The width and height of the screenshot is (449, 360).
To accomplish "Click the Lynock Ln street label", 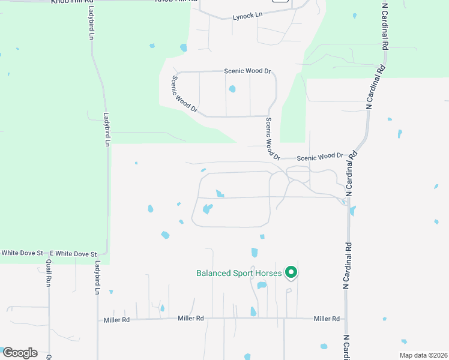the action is coord(248,16).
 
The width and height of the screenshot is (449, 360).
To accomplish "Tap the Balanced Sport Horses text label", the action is coord(239,274).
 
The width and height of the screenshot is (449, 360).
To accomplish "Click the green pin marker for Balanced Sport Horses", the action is coord(291,272).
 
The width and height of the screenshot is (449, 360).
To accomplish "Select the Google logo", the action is coord(19,352).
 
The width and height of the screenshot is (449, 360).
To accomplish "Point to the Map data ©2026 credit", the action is coord(423,355).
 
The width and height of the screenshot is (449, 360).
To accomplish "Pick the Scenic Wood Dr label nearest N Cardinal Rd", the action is coord(320,157).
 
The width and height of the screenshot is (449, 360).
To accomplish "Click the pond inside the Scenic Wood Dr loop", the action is coord(232,89).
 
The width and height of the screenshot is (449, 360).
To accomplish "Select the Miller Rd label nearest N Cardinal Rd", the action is coord(327,319).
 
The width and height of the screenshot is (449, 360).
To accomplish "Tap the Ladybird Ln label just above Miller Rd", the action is coord(97,278).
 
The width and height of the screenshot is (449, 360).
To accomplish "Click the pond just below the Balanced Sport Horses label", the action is coord(262,286).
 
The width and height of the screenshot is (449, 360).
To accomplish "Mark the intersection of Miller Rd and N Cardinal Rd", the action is coord(346,319).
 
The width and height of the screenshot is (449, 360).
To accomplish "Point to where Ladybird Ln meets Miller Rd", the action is coord(98,320).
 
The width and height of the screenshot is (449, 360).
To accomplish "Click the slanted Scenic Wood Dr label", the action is coord(184,94).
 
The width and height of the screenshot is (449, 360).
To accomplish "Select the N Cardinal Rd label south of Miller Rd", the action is coord(346,347).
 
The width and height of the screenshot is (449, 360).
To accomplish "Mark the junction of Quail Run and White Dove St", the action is coord(47,254).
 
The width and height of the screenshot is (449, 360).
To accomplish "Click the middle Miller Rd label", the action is coord(191,319).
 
